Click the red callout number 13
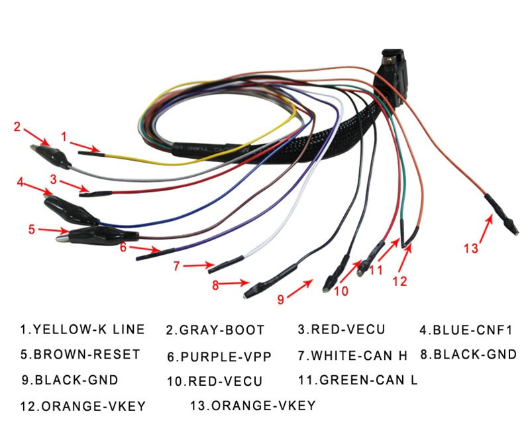click(470, 248)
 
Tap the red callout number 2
click(18, 126)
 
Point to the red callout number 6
click(123, 247)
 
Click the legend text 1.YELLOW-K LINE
click(82, 329)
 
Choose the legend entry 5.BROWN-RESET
click(80, 354)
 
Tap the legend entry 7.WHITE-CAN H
click(352, 355)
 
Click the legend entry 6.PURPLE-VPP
click(219, 357)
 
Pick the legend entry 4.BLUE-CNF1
click(466, 330)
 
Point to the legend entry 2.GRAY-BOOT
click(215, 330)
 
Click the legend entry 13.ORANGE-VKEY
click(252, 405)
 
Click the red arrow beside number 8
click(235, 285)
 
